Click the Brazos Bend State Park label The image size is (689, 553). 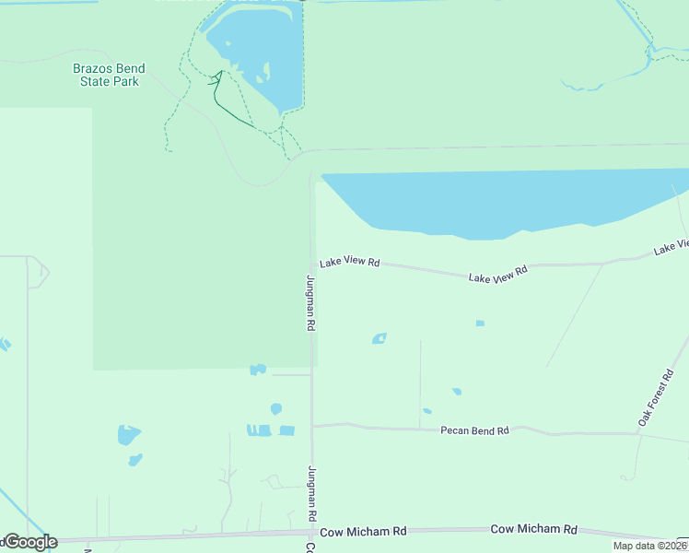click(x=109, y=75)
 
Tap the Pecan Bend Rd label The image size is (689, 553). click(x=474, y=430)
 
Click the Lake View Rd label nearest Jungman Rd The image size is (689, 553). click(x=350, y=263)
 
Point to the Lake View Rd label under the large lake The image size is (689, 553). click(x=497, y=274)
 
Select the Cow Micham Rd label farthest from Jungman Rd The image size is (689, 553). click(x=533, y=529)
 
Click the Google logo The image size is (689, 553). click(x=29, y=542)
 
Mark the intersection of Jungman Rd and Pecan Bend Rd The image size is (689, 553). click(x=312, y=426)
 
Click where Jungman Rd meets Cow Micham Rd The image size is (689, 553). click(x=311, y=532)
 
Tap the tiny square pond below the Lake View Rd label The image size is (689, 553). click(x=479, y=324)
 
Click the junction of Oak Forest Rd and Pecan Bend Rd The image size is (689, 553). click(x=640, y=435)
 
